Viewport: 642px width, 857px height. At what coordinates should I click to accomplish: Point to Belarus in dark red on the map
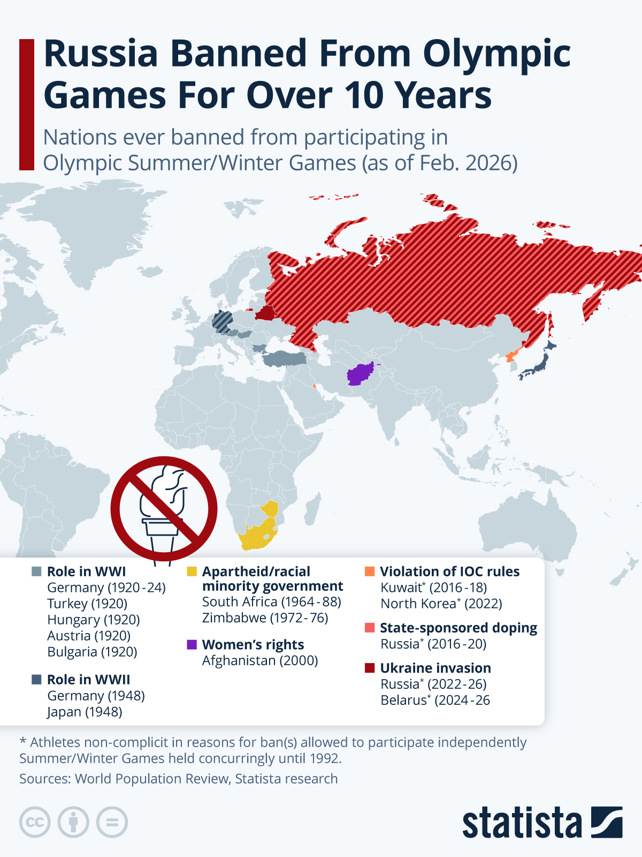coord(265,312)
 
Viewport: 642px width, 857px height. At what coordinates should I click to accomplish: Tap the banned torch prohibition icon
coord(164,509)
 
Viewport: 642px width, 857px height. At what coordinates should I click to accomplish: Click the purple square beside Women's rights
coord(192,644)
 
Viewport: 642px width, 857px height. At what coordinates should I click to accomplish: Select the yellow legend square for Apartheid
coord(192,572)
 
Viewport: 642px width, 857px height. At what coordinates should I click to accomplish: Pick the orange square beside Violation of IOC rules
coord(370,572)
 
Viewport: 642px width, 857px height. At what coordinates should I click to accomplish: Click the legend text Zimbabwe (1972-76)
coord(265,618)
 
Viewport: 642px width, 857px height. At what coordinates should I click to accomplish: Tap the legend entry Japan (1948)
coord(85,712)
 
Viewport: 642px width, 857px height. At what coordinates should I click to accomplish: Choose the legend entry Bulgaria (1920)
coord(92,652)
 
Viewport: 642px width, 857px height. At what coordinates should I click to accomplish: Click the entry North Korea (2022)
coord(441,604)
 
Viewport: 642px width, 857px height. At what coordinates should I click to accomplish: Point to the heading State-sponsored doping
coord(458,628)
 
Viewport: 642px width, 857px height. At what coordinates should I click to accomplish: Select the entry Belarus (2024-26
coord(435,700)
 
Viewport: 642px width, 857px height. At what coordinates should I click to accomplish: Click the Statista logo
coord(542,822)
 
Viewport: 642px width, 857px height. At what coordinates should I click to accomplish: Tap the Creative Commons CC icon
coord(35,822)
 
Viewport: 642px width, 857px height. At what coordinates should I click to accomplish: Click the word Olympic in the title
coord(496,54)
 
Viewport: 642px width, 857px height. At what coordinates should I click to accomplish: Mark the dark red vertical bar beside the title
coord(27,104)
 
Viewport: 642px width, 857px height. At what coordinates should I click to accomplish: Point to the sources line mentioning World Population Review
coord(178,779)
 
